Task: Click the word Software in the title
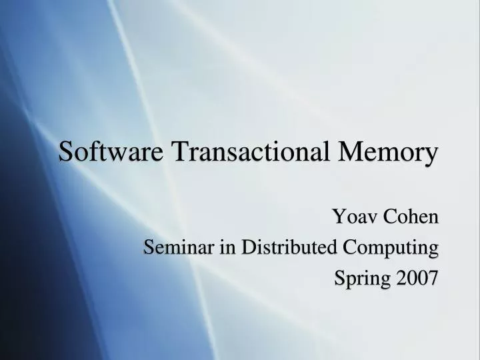[111, 151]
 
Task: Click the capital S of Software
[66, 151]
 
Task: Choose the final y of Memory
[433, 155]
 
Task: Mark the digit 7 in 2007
[433, 277]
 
